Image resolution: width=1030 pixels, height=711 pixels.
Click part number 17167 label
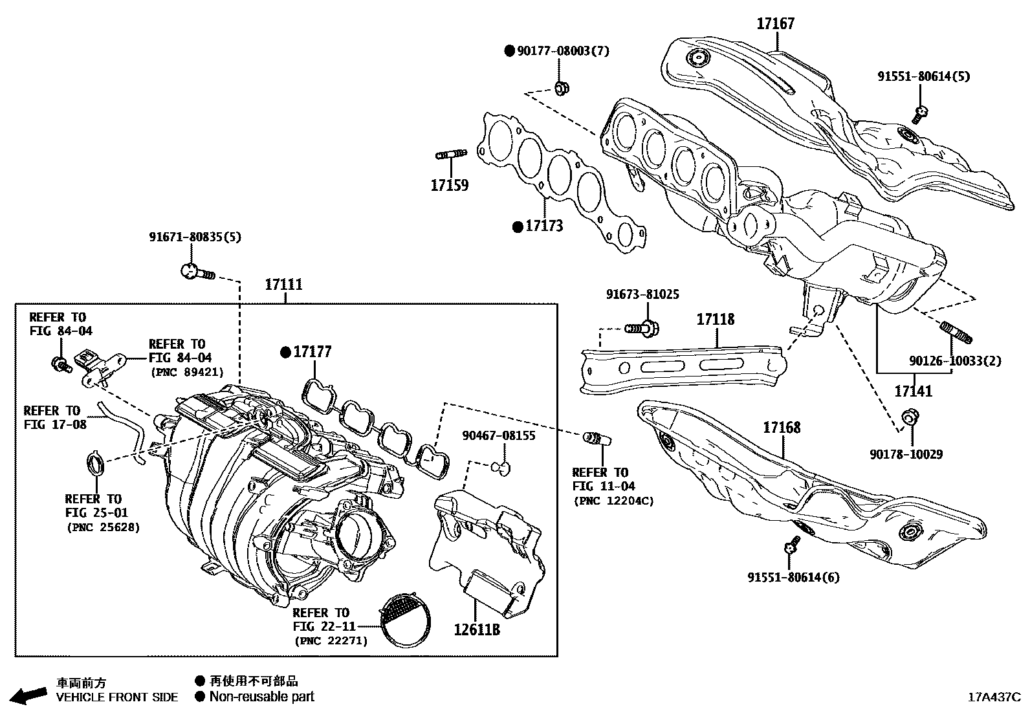(775, 24)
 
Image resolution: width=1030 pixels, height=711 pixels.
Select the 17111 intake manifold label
(283, 285)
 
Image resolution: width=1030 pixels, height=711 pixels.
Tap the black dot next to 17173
(517, 226)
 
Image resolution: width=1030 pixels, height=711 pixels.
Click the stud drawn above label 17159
(450, 155)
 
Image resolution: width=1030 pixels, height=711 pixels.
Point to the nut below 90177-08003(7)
(562, 87)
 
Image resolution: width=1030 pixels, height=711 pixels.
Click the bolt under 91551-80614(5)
(920, 114)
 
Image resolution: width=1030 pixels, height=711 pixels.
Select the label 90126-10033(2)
(954, 361)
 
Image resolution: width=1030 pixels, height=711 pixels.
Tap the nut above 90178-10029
(909, 417)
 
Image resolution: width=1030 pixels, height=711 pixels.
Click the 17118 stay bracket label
(715, 320)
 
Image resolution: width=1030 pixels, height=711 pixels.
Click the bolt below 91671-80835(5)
(196, 272)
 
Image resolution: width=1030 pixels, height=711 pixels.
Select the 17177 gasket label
(312, 352)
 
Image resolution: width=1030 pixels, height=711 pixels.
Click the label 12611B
(476, 628)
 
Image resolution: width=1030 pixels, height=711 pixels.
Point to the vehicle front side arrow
(30, 695)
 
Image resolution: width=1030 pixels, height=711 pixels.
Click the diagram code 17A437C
(994, 697)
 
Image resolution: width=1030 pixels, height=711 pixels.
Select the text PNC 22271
(331, 641)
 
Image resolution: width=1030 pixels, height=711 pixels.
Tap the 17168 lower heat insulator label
(781, 428)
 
